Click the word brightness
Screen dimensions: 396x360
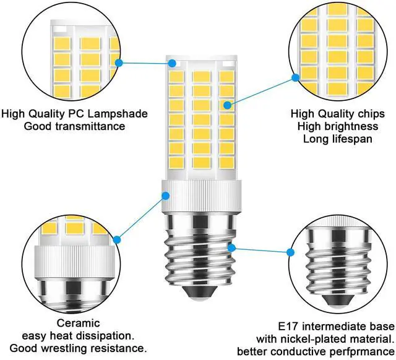[x=348, y=126]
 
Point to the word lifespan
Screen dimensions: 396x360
[x=350, y=139]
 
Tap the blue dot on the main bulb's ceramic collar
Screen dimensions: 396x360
[x=166, y=195]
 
